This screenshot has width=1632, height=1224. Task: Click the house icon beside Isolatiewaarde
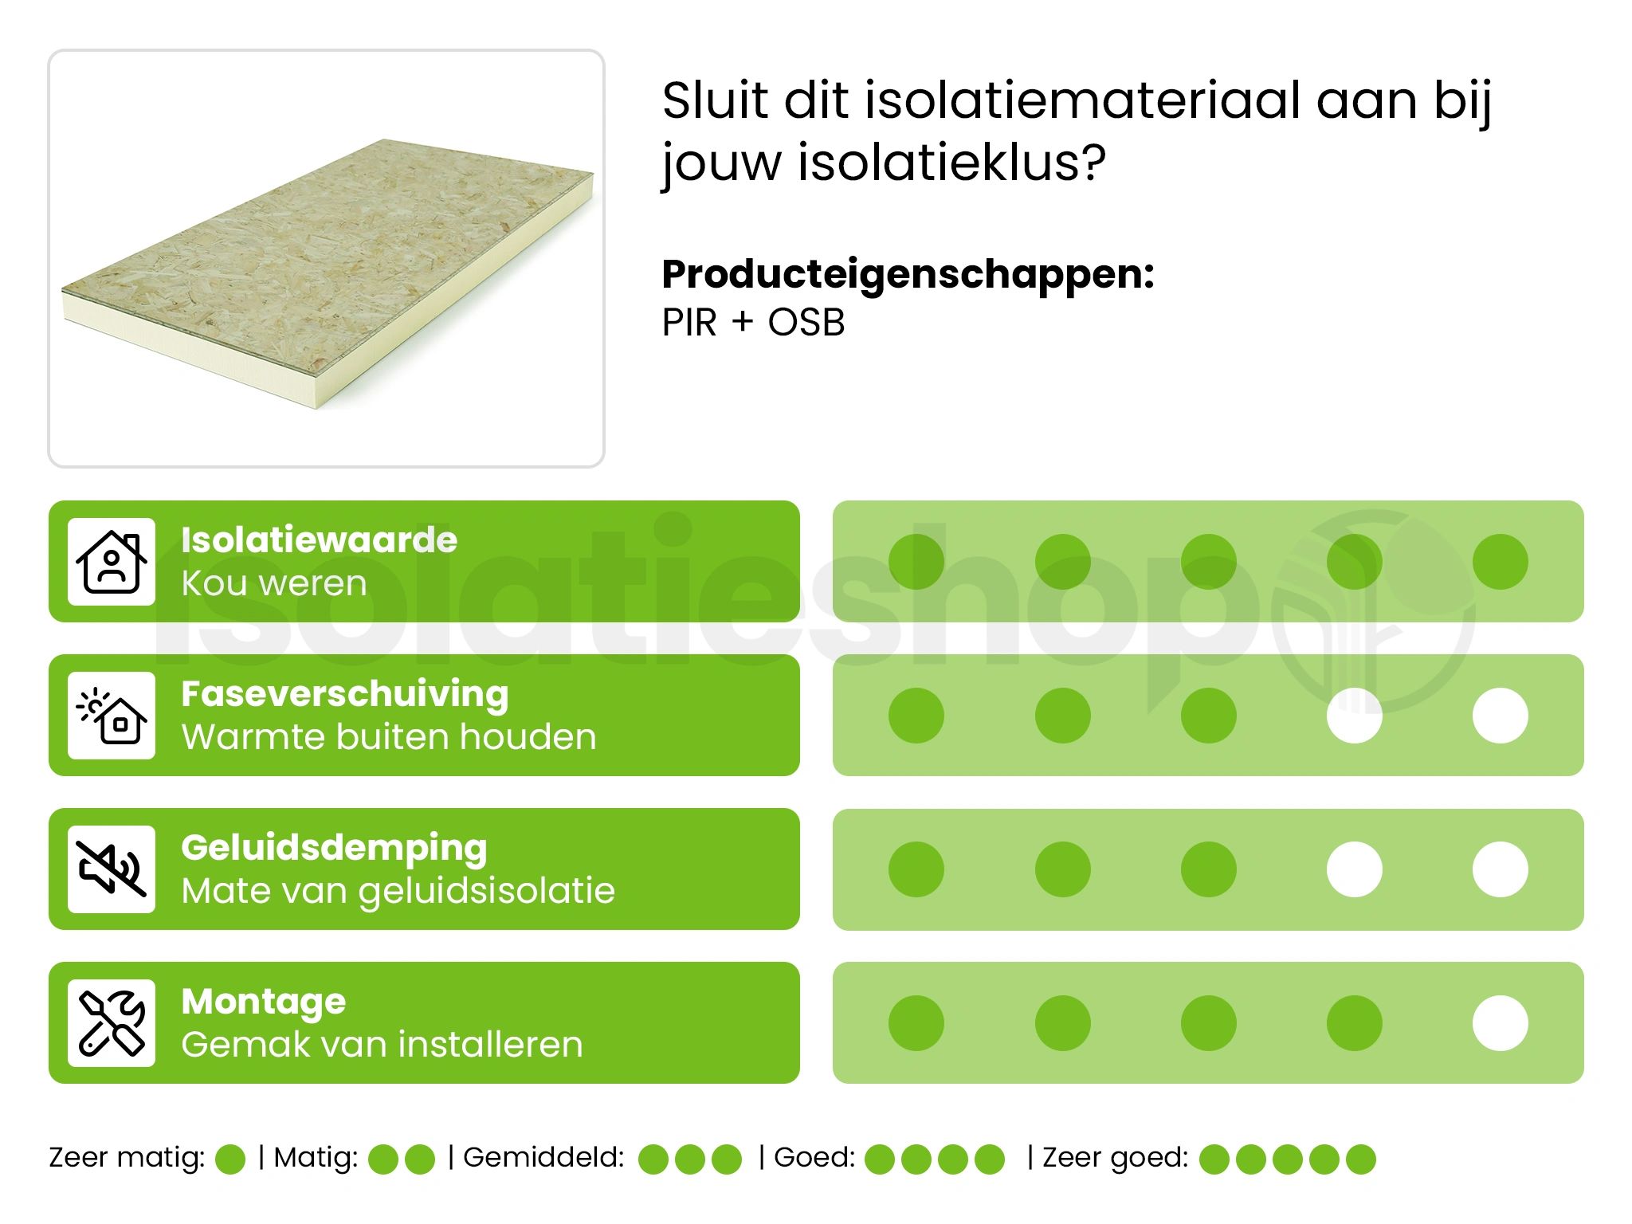tap(112, 562)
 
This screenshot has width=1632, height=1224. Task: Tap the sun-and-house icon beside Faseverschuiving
tap(112, 716)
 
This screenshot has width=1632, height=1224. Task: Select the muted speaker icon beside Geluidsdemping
tap(112, 869)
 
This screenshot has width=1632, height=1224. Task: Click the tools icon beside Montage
tap(112, 1023)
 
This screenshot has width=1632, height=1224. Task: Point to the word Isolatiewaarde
tap(319, 540)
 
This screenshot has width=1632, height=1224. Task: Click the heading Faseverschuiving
tap(344, 694)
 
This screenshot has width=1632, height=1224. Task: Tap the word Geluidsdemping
tap(334, 848)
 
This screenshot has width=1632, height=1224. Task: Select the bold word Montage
tap(263, 1002)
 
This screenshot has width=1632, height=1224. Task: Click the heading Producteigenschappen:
tap(908, 274)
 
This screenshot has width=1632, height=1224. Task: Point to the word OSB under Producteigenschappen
tap(806, 323)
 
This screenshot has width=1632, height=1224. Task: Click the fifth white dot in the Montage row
tap(1500, 1023)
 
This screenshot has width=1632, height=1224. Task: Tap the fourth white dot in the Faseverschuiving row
tap(1354, 716)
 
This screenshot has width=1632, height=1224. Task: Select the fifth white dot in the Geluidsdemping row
tap(1500, 869)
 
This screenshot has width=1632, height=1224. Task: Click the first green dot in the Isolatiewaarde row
tap(916, 562)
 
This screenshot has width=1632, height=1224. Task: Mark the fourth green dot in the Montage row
tap(1354, 1023)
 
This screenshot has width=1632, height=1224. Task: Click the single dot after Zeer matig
tap(230, 1159)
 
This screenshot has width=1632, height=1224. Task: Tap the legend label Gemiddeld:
tap(543, 1157)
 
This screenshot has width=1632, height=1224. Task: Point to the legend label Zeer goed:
tap(1115, 1157)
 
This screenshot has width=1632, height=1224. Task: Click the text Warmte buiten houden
tap(389, 737)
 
